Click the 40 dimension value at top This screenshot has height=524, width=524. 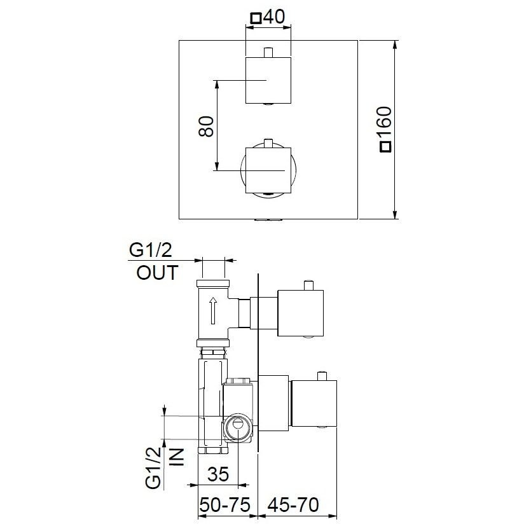[x=274, y=17]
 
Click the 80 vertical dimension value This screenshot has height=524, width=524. [x=206, y=126]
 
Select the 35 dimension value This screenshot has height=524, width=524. [x=218, y=474]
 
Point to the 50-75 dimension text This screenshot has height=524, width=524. [x=225, y=505]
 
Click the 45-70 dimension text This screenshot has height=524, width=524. [x=293, y=505]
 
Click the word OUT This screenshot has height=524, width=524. [x=157, y=273]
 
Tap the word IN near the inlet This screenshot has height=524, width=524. [x=177, y=457]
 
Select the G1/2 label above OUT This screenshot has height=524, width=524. [x=150, y=250]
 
